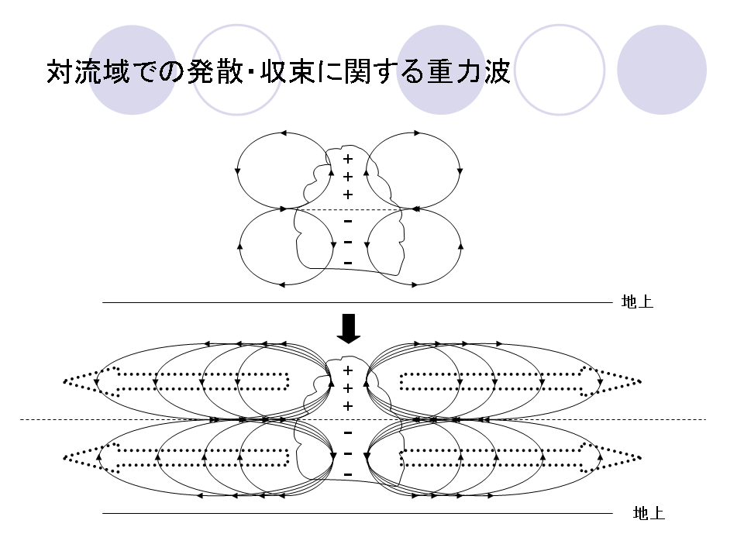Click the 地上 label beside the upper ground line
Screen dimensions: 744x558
coord(637,301)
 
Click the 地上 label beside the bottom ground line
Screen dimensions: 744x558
coord(649,513)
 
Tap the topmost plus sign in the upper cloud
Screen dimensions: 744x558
coord(348,158)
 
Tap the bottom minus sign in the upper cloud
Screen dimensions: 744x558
coord(348,263)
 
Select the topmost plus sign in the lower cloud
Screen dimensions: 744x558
coord(348,370)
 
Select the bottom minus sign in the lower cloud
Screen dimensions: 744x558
coord(348,475)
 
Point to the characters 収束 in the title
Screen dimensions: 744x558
coord(289,71)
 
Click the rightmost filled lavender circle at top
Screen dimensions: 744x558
coord(662,70)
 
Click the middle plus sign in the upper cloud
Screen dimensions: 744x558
coord(348,177)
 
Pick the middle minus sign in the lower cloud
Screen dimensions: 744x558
coord(348,454)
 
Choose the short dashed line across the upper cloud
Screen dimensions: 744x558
coord(349,209)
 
